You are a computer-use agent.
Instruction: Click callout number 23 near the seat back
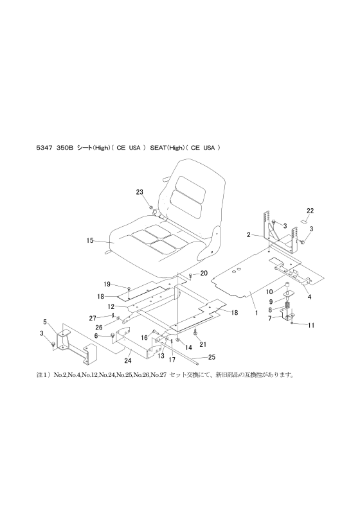[139, 192]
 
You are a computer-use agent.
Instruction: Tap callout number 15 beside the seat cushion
[90, 240]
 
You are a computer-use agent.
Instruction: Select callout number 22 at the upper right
[310, 211]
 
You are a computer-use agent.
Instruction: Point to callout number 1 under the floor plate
[256, 313]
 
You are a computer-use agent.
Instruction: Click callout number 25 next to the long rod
[212, 357]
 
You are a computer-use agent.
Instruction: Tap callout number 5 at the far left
[45, 322]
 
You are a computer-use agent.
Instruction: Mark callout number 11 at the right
[311, 325]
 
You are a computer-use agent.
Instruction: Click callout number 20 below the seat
[204, 274]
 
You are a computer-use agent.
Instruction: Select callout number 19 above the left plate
[107, 284]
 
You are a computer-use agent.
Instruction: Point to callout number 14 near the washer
[188, 347]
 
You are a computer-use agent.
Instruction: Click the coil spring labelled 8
[287, 306]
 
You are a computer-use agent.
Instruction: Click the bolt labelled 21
[195, 333]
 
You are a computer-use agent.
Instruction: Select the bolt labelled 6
[113, 335]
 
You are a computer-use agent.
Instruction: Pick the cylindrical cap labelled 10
[287, 285]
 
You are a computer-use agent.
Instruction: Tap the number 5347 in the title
[43, 148]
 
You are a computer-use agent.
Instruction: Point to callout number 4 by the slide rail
[310, 297]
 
